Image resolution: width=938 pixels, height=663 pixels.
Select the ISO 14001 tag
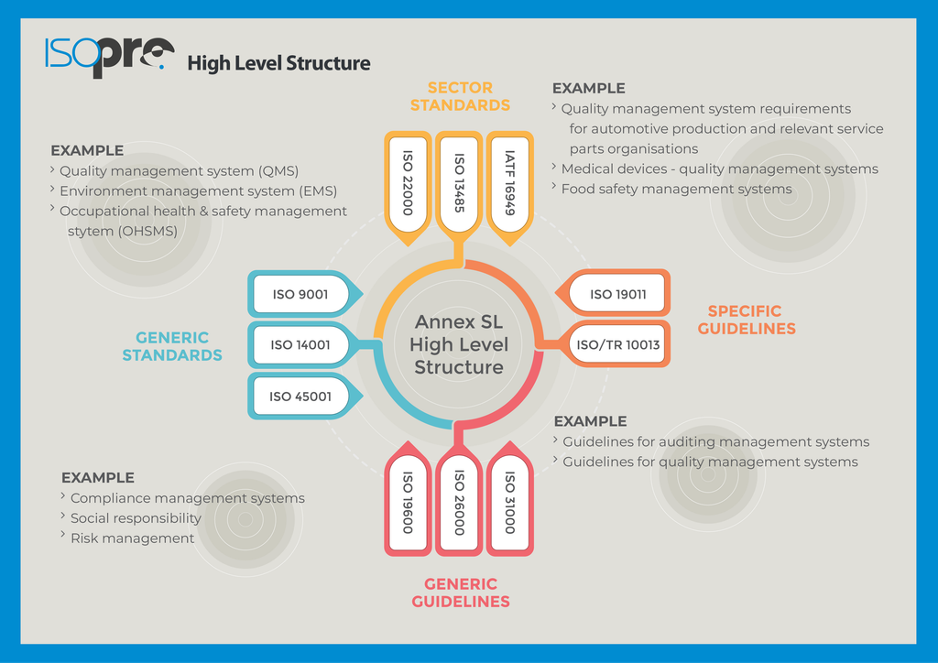point(302,345)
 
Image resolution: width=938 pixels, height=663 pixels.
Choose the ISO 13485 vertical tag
point(459,185)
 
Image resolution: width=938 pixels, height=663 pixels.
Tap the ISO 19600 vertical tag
point(408,498)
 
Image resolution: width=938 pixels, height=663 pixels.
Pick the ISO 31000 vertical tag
point(509,498)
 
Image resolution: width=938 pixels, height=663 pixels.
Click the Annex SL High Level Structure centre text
point(459,344)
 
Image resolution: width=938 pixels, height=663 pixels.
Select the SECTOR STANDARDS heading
point(460,96)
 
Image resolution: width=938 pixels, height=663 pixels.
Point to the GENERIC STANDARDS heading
point(172,346)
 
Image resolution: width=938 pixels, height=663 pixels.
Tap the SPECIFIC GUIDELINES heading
point(747,320)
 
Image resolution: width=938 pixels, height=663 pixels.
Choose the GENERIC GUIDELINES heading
point(461,592)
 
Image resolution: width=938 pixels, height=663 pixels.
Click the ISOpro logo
point(110,57)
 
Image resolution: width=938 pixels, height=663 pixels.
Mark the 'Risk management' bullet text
point(132,538)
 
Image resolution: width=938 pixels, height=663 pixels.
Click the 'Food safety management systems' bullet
point(676,189)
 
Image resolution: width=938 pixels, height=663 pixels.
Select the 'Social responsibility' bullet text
point(136,518)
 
